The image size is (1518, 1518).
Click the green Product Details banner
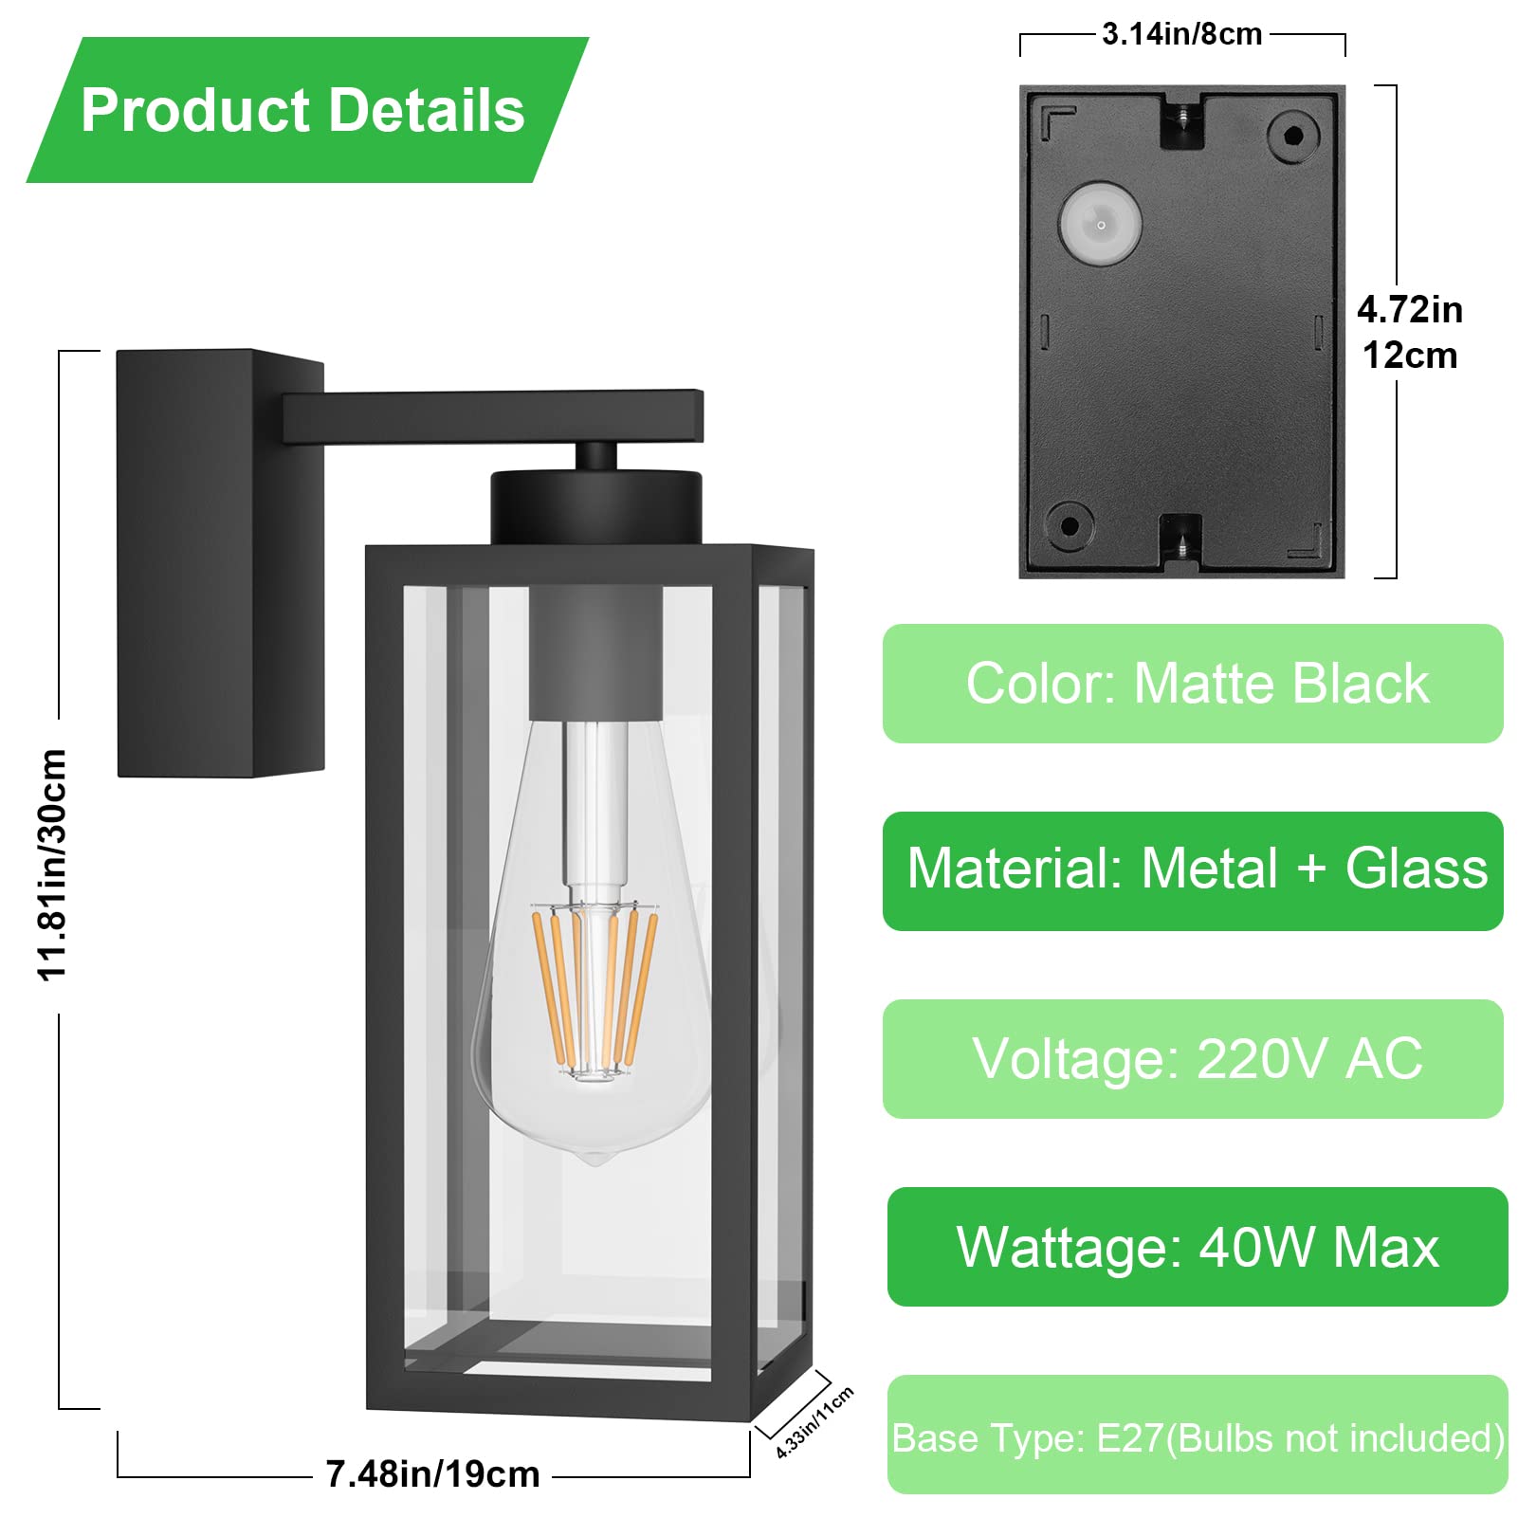(x=307, y=110)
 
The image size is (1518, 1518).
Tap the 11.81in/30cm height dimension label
(x=52, y=865)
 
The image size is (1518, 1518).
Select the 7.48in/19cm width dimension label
(x=432, y=1474)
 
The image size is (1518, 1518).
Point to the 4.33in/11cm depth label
(x=814, y=1421)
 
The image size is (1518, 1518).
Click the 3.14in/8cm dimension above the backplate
(x=1181, y=34)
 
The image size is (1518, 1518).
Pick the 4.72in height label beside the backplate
(x=1410, y=310)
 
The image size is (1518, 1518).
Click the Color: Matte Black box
(x=1193, y=684)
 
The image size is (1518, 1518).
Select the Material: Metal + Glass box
(x=1193, y=870)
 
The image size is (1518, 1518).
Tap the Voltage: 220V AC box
(x=1193, y=1058)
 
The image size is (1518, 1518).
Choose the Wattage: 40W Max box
(x=1197, y=1247)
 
